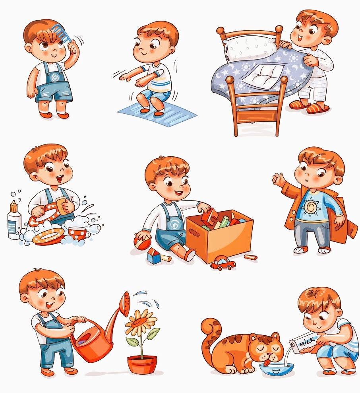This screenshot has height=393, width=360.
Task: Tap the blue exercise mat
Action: tap(157, 114)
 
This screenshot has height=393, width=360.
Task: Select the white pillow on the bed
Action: tap(250, 48)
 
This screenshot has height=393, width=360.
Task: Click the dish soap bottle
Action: tap(14, 220)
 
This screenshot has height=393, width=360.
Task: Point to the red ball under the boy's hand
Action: tap(141, 241)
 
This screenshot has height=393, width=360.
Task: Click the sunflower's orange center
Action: tap(141, 321)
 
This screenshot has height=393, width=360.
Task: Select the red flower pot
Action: tap(142, 364)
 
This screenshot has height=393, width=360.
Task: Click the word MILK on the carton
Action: tap(307, 342)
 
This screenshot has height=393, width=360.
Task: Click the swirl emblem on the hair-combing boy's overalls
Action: tap(55, 78)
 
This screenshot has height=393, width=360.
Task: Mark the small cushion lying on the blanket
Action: tap(264, 74)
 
